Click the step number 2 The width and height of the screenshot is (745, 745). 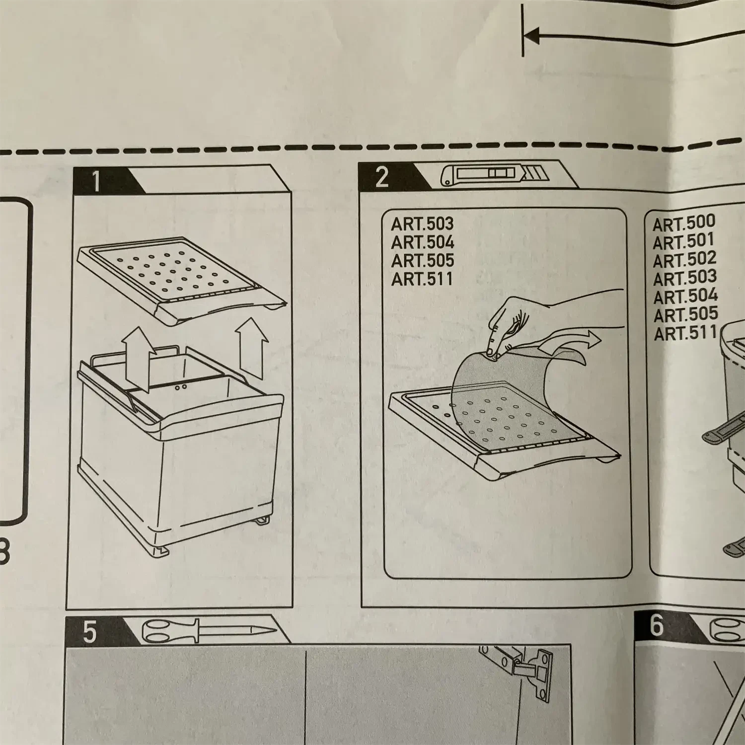[x=381, y=177]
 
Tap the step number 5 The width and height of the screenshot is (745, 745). [x=89, y=632]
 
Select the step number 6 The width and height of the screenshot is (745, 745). [x=657, y=625]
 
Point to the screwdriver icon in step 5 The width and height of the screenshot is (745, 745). [x=209, y=631]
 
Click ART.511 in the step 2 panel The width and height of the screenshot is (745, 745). [x=422, y=279]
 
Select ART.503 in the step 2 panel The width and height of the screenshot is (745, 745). [x=422, y=224]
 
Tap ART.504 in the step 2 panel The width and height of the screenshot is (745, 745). [x=423, y=242]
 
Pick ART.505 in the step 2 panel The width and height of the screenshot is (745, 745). [x=423, y=261]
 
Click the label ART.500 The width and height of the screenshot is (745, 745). [x=684, y=223]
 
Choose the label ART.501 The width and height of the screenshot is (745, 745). [x=683, y=242]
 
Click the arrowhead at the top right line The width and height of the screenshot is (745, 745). [x=531, y=35]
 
